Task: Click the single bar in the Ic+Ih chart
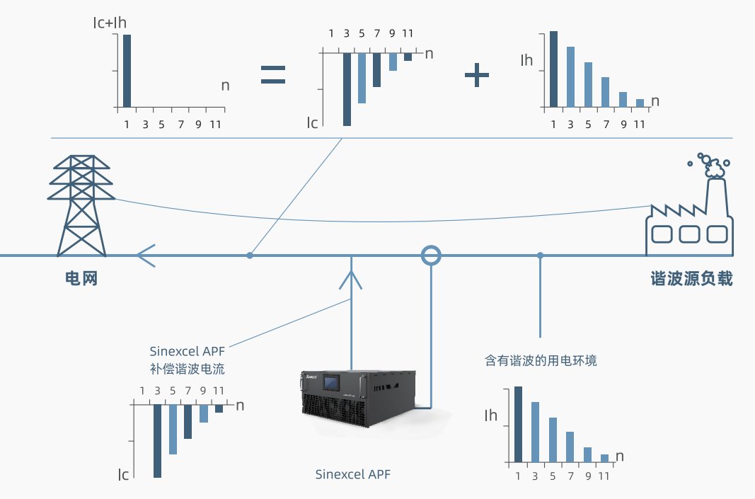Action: pos(127,71)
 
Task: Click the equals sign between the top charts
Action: pos(273,75)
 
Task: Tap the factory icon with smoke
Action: pos(691,209)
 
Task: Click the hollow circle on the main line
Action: pos(430,255)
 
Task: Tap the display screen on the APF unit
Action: pos(331,384)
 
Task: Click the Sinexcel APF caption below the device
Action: pos(352,474)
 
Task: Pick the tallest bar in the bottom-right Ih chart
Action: pos(518,423)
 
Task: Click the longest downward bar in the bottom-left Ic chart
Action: pos(157,440)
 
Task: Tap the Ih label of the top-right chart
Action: pos(526,60)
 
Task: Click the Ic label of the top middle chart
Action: pos(312,122)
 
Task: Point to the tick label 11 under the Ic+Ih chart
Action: pos(216,125)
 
